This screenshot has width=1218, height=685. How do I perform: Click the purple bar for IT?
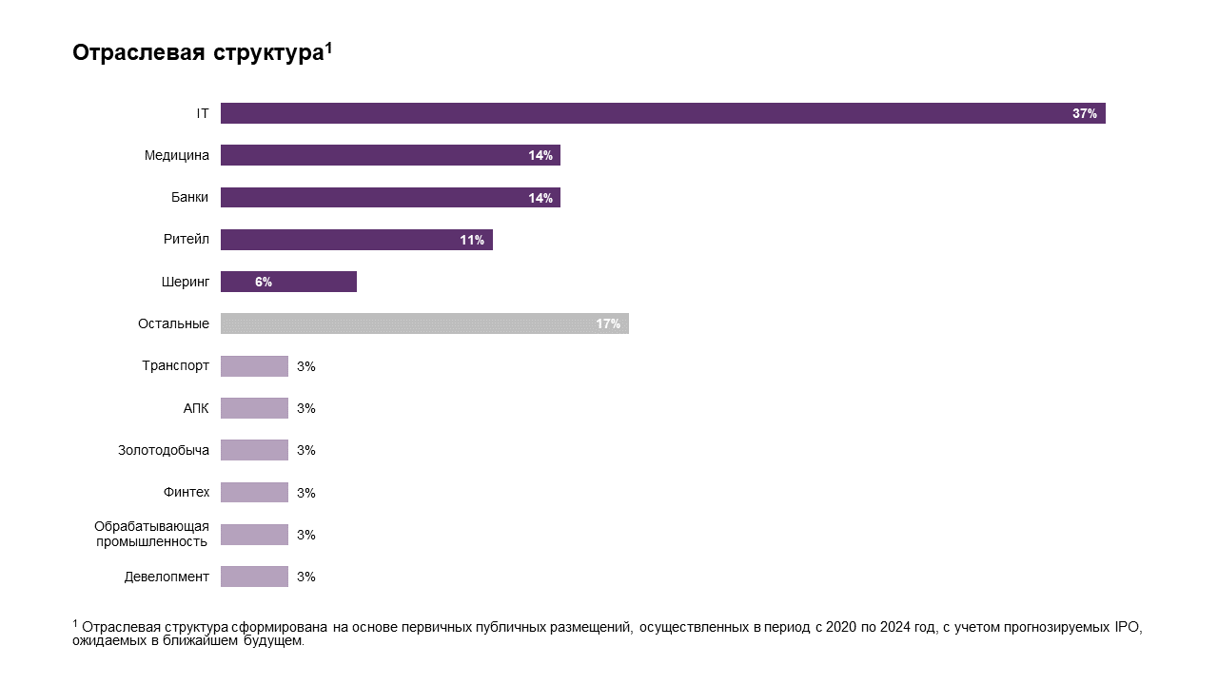click(662, 113)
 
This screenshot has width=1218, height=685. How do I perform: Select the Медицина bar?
click(390, 155)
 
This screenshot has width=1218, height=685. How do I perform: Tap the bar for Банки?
click(390, 198)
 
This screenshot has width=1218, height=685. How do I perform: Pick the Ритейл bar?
click(356, 240)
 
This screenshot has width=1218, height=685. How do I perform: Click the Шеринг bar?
click(288, 282)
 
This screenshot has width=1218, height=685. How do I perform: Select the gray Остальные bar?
click(424, 323)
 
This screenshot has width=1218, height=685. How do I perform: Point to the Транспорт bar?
click(254, 366)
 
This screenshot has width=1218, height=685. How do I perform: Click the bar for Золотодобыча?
click(254, 450)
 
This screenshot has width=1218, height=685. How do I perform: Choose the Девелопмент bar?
click(254, 577)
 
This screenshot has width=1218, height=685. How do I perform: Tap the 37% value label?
click(1084, 113)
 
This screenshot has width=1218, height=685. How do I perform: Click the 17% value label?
click(607, 324)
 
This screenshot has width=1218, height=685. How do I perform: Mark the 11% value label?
click(471, 241)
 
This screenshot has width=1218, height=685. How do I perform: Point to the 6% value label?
click(264, 283)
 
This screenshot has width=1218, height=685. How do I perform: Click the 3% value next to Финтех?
click(305, 493)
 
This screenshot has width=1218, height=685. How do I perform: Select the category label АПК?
click(196, 408)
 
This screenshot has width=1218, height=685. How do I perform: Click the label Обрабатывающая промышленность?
click(151, 534)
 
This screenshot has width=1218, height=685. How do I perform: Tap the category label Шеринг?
click(185, 282)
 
